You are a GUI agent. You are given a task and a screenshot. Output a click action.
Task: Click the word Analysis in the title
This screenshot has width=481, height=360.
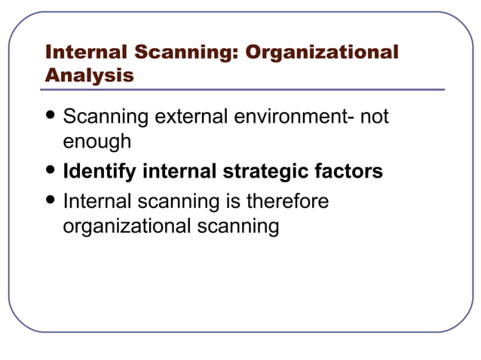pos(90,75)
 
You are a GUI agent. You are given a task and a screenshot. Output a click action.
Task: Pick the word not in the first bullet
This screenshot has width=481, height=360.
pos(374,118)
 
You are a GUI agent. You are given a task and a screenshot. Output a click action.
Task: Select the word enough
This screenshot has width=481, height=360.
pos(97,141)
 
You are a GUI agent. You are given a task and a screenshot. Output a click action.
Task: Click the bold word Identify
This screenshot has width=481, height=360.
pos(100,172)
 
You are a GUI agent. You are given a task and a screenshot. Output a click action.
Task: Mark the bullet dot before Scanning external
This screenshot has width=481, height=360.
pos(51,117)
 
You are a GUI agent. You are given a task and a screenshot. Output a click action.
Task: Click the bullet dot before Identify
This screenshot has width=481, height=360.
pos(51,171)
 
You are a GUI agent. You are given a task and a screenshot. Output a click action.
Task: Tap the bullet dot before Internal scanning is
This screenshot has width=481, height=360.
pos(51,202)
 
